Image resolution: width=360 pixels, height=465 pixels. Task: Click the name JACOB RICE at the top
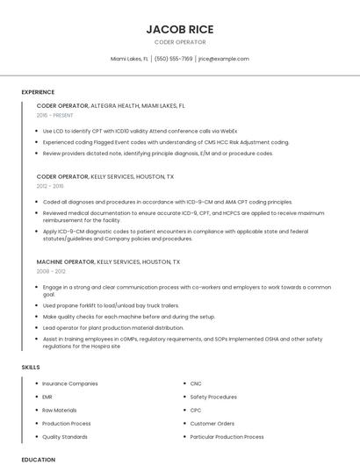(x=180, y=29)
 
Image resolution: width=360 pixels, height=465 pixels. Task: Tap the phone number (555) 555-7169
(x=174, y=59)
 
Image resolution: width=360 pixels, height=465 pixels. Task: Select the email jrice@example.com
(x=223, y=59)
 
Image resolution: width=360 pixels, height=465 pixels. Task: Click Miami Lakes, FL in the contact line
(x=129, y=59)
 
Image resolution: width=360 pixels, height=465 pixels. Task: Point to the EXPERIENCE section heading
(x=38, y=92)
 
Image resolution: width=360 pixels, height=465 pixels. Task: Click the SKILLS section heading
(x=31, y=366)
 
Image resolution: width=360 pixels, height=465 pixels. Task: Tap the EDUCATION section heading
(x=38, y=459)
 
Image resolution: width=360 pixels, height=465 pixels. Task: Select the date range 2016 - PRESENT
(x=55, y=115)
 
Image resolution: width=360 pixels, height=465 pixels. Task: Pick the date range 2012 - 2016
(x=50, y=186)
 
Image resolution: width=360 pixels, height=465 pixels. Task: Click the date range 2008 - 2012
(x=50, y=271)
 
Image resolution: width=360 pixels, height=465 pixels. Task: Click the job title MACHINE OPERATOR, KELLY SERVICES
(x=108, y=261)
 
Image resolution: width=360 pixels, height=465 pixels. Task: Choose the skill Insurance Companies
(x=70, y=383)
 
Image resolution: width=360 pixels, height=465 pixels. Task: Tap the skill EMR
(x=47, y=397)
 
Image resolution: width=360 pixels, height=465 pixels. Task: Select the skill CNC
(x=196, y=383)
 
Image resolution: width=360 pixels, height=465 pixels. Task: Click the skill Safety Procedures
(x=213, y=397)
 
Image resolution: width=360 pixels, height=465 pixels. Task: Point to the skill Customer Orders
(x=212, y=423)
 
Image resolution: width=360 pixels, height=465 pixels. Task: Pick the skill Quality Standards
(x=65, y=436)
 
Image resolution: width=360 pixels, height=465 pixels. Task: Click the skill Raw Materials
(x=60, y=410)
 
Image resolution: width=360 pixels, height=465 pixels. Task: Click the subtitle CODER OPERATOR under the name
(x=180, y=42)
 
